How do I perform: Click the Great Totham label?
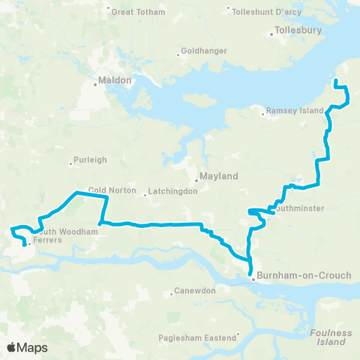136,12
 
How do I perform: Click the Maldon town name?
115,79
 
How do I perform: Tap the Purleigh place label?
91,160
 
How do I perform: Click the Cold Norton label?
112,190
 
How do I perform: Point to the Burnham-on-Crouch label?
304,276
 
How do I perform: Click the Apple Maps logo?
27,347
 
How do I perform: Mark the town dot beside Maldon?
95,84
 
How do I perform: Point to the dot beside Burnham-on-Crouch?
253,280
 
